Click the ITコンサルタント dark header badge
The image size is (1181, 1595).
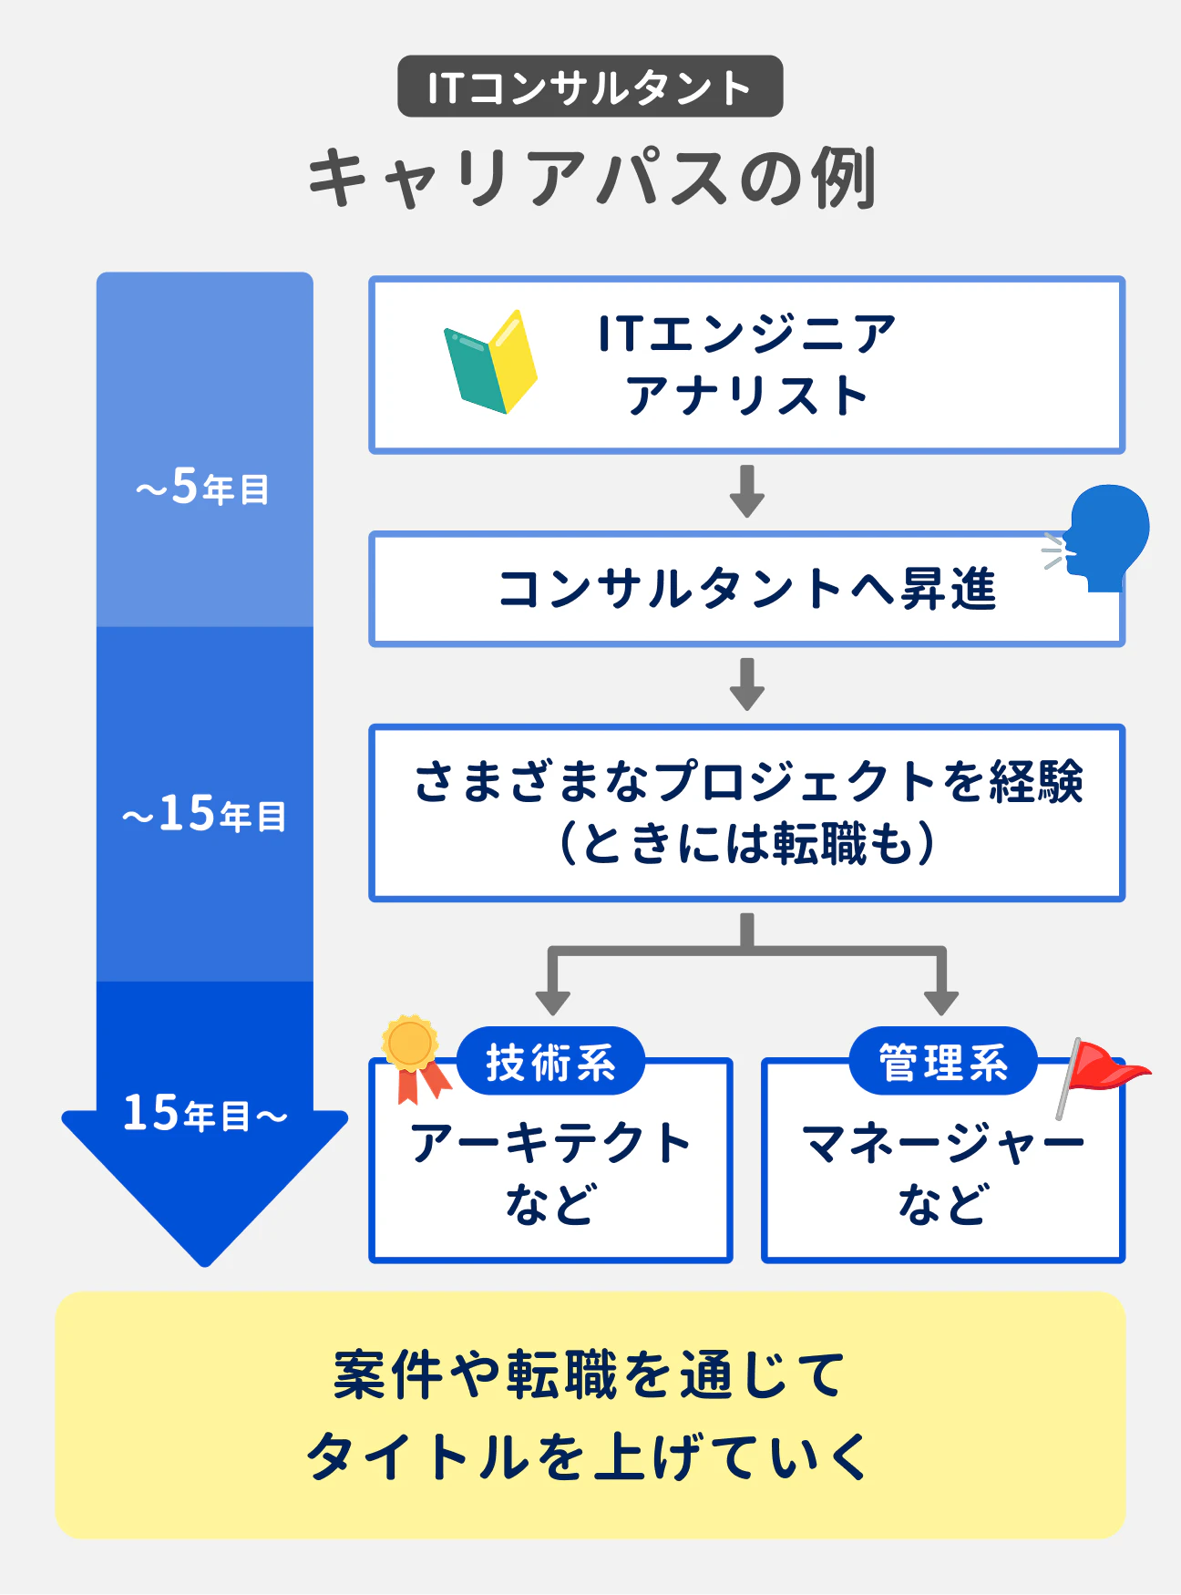(x=590, y=87)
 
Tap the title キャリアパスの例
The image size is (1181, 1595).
(x=590, y=177)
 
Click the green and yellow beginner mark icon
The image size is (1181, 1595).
(x=490, y=363)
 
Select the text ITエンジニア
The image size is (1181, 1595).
(x=747, y=334)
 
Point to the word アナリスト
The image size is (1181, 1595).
(x=747, y=396)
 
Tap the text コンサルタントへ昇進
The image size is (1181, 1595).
(x=747, y=589)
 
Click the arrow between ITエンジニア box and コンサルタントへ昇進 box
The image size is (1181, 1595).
(x=747, y=491)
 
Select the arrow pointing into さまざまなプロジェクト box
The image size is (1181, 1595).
(x=747, y=684)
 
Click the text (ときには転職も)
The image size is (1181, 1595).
(x=747, y=843)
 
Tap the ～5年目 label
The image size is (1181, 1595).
(x=203, y=487)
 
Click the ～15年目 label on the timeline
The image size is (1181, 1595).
(x=204, y=814)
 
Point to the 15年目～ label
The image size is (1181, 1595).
(x=204, y=1114)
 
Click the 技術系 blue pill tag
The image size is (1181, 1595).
(x=550, y=1062)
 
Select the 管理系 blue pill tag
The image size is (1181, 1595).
(x=943, y=1062)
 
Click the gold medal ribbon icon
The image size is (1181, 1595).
(x=413, y=1057)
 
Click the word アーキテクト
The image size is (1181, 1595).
(x=550, y=1143)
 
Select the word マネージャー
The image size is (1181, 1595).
(x=943, y=1143)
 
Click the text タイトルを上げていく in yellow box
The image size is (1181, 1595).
(x=589, y=1456)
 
